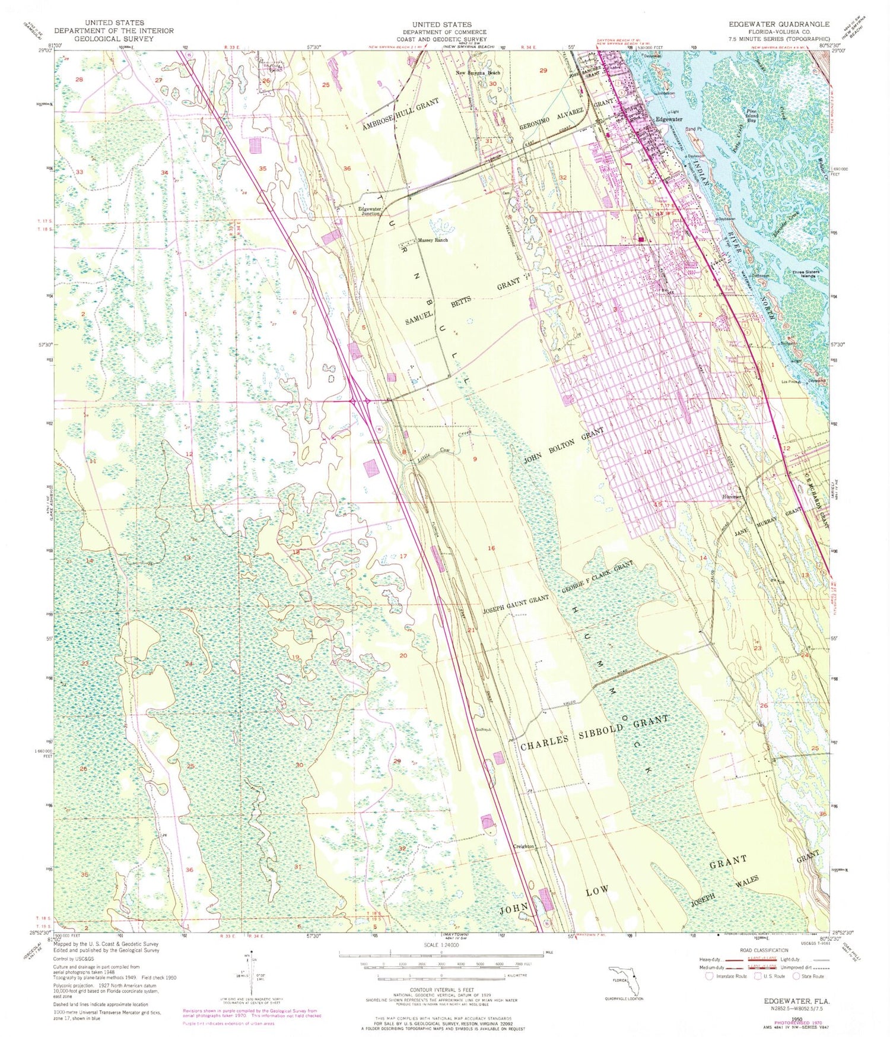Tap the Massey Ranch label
coord(434,240)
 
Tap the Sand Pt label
coord(692,129)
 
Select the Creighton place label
coord(524,846)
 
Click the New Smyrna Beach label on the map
coord(478,73)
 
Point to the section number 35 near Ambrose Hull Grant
coord(263,168)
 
